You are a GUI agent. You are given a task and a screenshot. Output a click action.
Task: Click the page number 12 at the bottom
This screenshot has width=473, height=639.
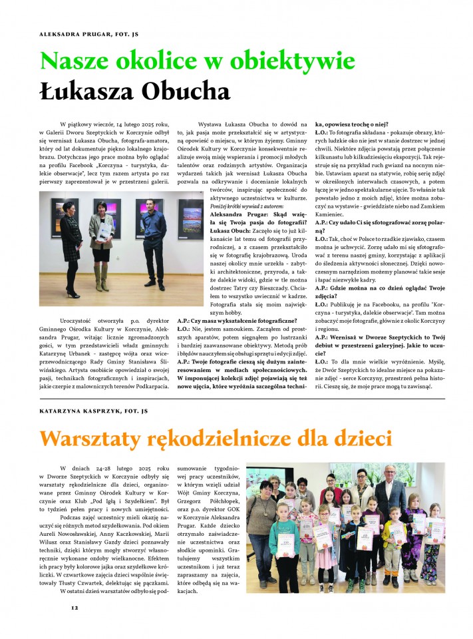point(75,607)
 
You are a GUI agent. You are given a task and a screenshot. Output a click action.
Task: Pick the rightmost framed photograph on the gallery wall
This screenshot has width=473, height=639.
point(190,218)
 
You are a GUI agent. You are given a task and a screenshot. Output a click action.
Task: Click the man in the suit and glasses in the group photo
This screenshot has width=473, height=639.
point(389,506)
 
